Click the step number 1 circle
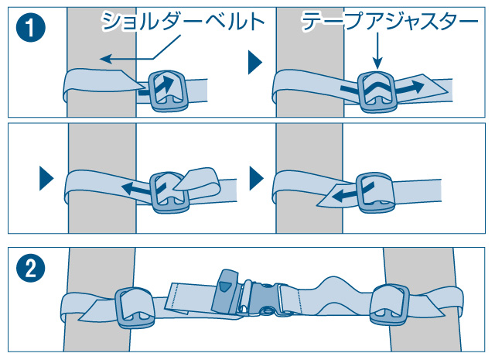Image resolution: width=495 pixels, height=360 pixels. tap(31, 28)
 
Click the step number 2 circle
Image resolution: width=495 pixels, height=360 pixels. tap(31, 268)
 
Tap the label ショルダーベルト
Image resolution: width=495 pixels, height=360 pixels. tap(183, 21)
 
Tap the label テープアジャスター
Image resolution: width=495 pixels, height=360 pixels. tap(390, 21)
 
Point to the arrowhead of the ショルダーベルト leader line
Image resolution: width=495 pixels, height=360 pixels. tap(106, 59)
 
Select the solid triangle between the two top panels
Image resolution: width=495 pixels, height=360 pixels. tap(255, 62)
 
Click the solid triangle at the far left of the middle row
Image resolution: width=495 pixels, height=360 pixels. tap(46, 178)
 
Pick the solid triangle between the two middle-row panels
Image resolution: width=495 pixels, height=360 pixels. tap(256, 178)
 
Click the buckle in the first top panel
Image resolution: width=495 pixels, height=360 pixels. tap(167, 91)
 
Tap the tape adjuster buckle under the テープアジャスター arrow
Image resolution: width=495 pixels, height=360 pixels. tap(377, 92)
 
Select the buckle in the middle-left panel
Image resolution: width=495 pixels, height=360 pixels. tap(169, 193)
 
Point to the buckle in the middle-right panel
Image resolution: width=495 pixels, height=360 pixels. tap(376, 193)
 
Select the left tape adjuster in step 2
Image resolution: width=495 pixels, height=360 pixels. tap(134, 307)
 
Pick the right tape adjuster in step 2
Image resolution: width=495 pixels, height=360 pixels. tap(390, 304)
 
